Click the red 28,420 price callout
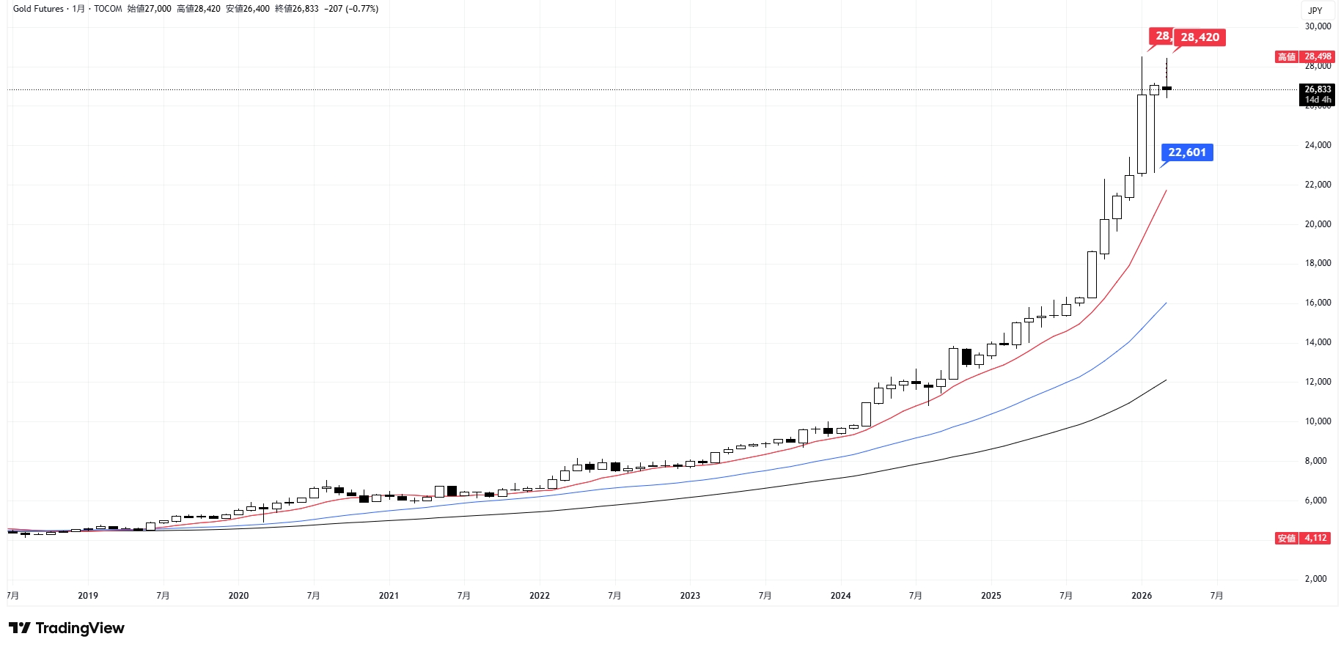(x=1199, y=37)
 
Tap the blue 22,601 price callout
(x=1186, y=152)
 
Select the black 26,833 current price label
(x=1318, y=89)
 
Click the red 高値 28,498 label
(x=1304, y=56)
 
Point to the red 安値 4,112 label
(x=1302, y=538)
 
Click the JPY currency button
(x=1315, y=10)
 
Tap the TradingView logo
(x=67, y=628)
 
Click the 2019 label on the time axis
(x=88, y=596)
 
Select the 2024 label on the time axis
(x=840, y=596)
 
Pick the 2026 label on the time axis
(x=1142, y=596)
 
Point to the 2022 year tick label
(x=540, y=596)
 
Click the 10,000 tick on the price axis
(x=1318, y=421)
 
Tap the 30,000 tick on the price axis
(x=1318, y=26)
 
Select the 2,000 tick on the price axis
(x=1318, y=579)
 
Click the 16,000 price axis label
(x=1318, y=303)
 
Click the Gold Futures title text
(x=38, y=9)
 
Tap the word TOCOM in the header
(x=108, y=9)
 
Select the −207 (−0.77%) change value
(x=351, y=9)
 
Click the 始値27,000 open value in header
(x=149, y=9)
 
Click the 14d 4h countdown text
(x=1318, y=100)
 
